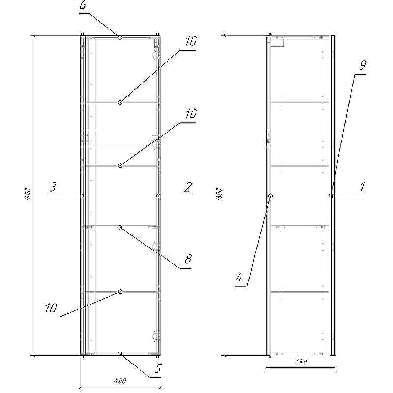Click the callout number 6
tap(83, 5)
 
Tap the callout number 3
tap(53, 187)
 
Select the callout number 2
tap(188, 187)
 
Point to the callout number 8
tap(188, 259)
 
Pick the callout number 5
tap(157, 368)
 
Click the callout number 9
tap(363, 65)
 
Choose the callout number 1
tap(362, 187)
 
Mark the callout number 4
tap(239, 278)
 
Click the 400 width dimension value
tap(120, 381)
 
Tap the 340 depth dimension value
tap(301, 361)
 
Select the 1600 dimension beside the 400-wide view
tap(28, 194)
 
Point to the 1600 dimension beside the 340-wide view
tap(219, 194)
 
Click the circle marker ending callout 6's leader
tap(120, 38)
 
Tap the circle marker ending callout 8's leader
tap(120, 227)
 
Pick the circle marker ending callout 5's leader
tap(120, 353)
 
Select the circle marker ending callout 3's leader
tap(82, 196)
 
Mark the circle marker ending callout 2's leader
tap(158, 196)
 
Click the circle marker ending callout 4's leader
tap(271, 196)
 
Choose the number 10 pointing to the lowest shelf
tap(51, 308)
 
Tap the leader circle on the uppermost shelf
tap(120, 102)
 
